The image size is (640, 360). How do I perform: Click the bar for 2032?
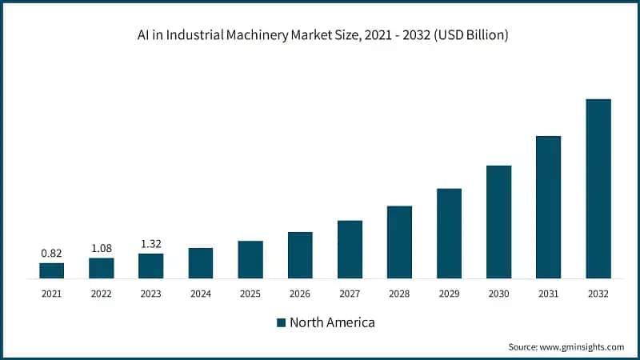(x=598, y=189)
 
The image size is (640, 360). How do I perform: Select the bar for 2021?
(x=52, y=270)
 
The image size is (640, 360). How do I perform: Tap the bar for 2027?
(x=350, y=250)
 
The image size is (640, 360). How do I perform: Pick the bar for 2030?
(x=498, y=222)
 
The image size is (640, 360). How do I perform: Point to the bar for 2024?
(x=201, y=263)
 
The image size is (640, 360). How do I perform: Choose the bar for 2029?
(x=449, y=234)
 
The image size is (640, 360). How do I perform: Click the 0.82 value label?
(x=52, y=253)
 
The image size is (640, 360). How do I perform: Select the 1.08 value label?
(x=102, y=248)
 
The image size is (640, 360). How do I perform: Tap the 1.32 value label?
(x=151, y=244)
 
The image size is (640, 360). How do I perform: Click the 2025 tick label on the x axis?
(x=250, y=294)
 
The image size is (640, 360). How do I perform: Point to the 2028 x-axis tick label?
(x=399, y=294)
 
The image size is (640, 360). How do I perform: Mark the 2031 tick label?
(x=548, y=294)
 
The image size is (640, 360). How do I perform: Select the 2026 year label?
(x=300, y=294)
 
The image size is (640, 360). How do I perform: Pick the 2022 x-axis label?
(x=102, y=294)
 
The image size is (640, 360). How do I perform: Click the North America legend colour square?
(x=281, y=322)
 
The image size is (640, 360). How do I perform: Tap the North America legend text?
(x=332, y=322)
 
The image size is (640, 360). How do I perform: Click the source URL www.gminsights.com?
(x=582, y=346)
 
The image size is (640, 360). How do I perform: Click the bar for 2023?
(x=151, y=266)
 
